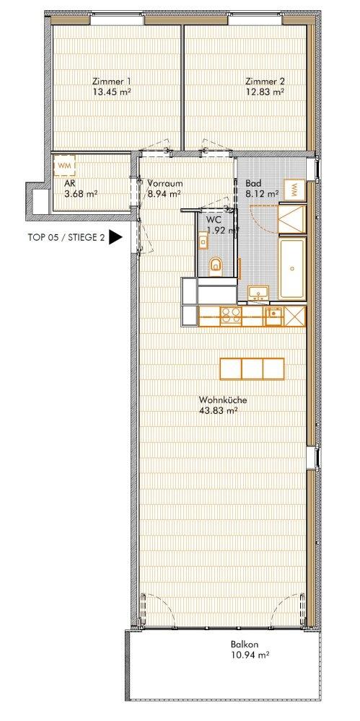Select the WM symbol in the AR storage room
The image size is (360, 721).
(x=65, y=166)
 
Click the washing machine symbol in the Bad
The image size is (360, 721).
(x=296, y=190)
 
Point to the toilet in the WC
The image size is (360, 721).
(x=215, y=266)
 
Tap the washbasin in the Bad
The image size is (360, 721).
(x=258, y=293)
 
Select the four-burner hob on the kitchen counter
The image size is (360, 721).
(x=230, y=314)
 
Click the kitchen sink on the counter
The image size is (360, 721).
(x=274, y=314)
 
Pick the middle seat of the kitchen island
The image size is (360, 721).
(x=252, y=368)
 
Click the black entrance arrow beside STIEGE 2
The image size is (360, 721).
(x=115, y=238)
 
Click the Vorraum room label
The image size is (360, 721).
(x=163, y=183)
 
